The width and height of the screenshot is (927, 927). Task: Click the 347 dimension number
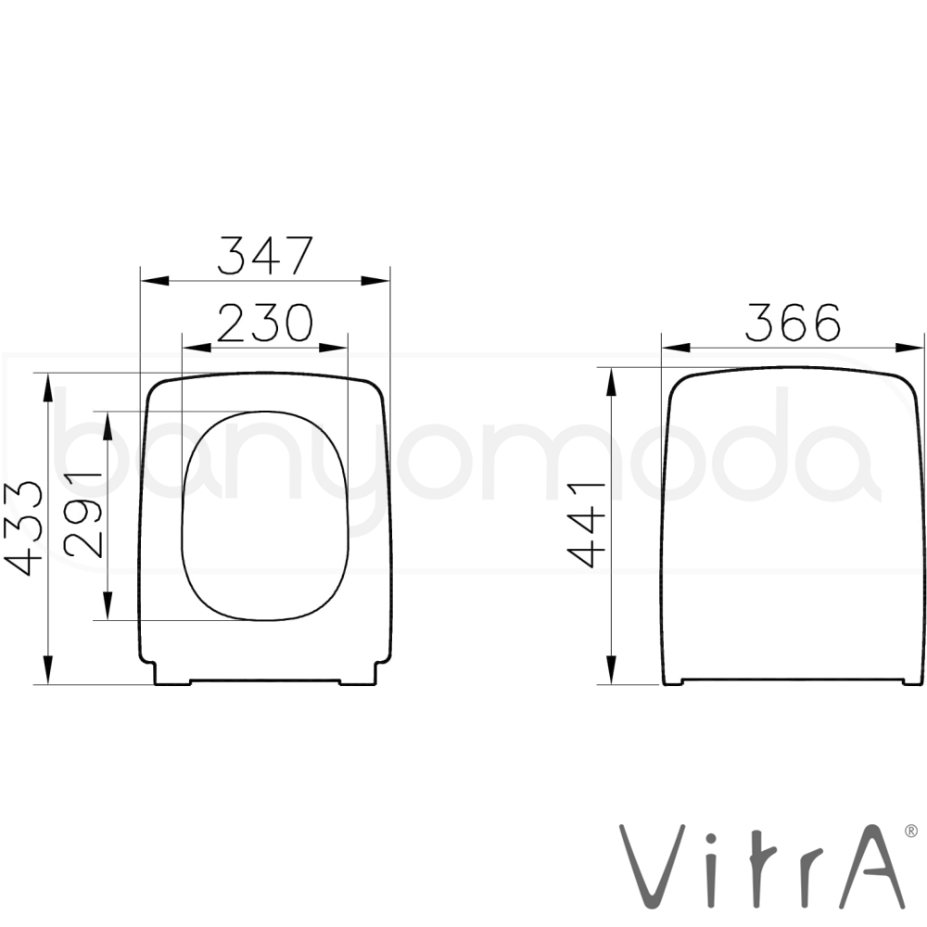tap(265, 256)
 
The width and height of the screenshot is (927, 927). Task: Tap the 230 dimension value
tap(265, 323)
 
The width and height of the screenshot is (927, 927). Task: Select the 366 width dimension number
tap(793, 323)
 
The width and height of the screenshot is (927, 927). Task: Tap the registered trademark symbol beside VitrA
tap(911, 832)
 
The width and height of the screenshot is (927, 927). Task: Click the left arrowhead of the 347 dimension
tap(154, 280)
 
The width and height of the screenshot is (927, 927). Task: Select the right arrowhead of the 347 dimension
tap(375, 280)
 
